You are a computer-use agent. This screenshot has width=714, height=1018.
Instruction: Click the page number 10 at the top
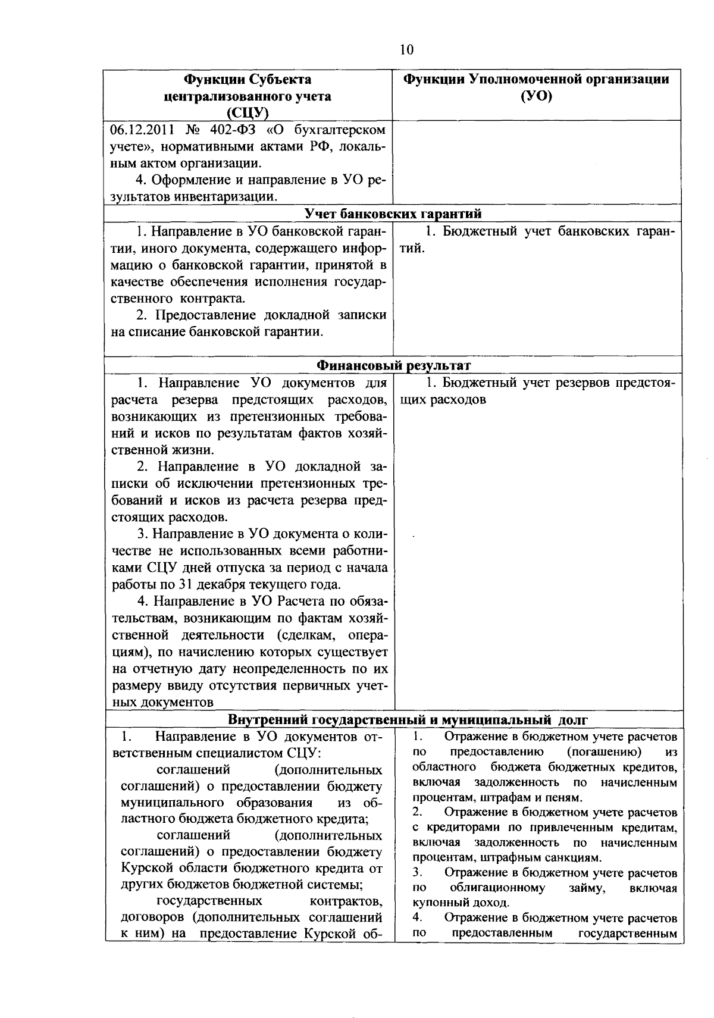point(406,50)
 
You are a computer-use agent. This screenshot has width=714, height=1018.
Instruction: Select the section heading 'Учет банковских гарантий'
point(393,214)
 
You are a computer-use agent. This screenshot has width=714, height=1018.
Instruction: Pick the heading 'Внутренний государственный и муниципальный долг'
point(408,720)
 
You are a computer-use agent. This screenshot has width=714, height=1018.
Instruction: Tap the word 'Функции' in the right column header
point(434,80)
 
